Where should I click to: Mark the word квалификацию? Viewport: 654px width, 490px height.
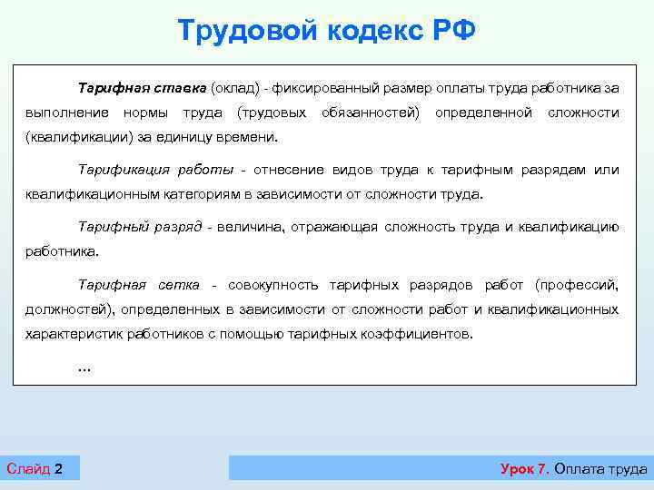pyautogui.click(x=569, y=227)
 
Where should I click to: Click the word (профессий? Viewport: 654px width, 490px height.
pyautogui.click(x=577, y=285)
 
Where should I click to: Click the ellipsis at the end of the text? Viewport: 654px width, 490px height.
pyautogui.click(x=85, y=367)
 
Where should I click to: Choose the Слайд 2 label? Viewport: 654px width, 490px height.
pyautogui.click(x=35, y=468)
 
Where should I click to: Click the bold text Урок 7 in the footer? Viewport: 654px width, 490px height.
pyautogui.click(x=524, y=468)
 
